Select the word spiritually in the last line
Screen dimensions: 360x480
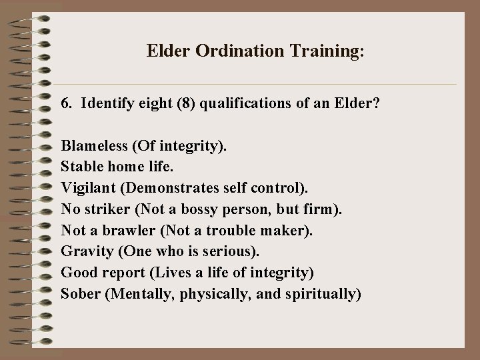click(x=324, y=293)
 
